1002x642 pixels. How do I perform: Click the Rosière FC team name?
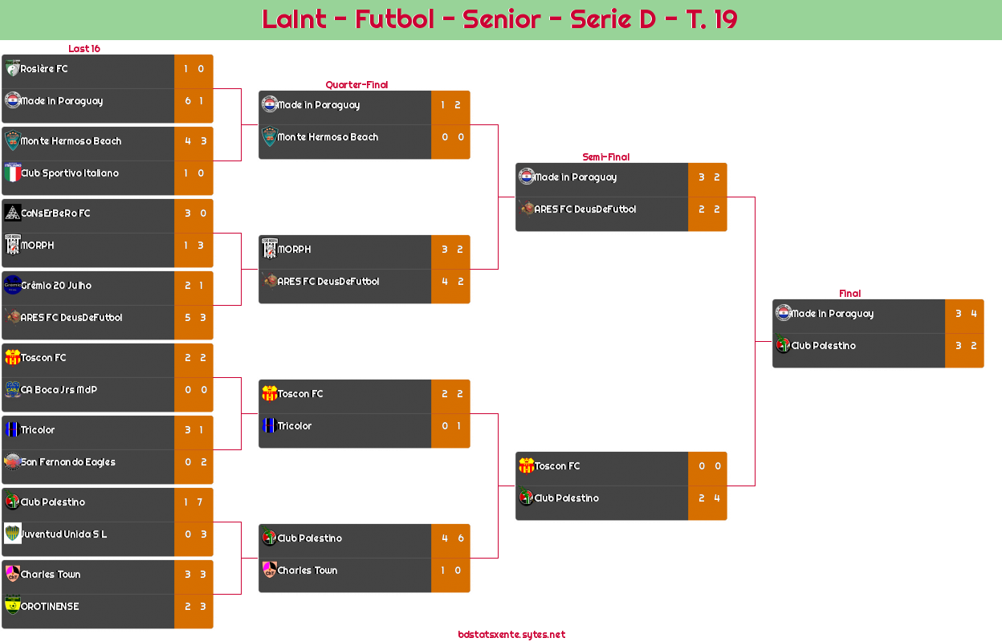point(44,69)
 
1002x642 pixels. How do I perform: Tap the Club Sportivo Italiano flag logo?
point(13,173)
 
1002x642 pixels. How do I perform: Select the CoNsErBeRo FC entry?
point(55,213)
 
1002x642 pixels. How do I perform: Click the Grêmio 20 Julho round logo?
point(13,285)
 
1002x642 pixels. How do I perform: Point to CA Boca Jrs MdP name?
point(59,390)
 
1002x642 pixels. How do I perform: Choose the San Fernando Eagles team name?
point(67,462)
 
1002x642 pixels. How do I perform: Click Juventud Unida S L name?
point(63,534)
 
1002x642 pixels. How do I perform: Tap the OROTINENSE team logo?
point(13,605)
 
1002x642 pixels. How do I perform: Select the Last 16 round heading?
point(83,49)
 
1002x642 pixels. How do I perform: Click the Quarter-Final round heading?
point(356,85)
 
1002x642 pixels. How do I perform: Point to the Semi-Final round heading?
point(605,157)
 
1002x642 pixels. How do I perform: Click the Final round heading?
point(849,294)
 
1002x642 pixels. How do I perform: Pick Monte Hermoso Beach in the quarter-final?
point(328,137)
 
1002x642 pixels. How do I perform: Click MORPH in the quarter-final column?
point(294,250)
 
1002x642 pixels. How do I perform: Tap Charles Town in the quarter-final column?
point(307,571)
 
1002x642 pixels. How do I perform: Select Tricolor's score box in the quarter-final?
point(450,426)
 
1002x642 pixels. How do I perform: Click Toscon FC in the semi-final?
point(556,466)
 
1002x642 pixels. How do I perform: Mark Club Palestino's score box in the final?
point(964,346)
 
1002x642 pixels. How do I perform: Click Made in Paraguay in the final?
point(832,314)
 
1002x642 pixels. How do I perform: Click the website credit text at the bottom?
point(511,635)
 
